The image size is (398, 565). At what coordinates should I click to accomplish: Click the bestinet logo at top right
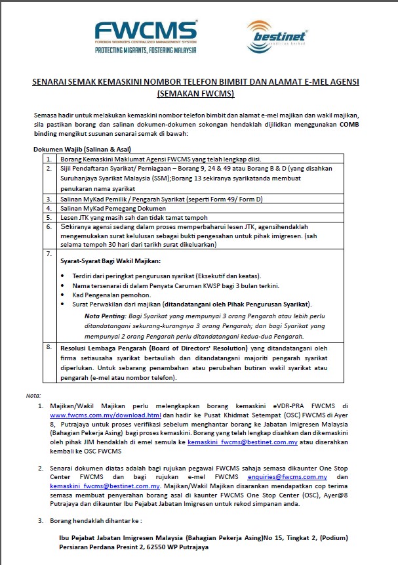pos(269,37)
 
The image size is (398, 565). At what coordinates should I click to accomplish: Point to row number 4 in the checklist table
pos(49,207)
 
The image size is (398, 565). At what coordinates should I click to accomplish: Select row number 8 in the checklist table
pos(49,346)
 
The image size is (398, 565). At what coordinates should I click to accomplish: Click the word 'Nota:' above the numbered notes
pos(33,396)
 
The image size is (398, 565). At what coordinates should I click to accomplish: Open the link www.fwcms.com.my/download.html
pos(106,415)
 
